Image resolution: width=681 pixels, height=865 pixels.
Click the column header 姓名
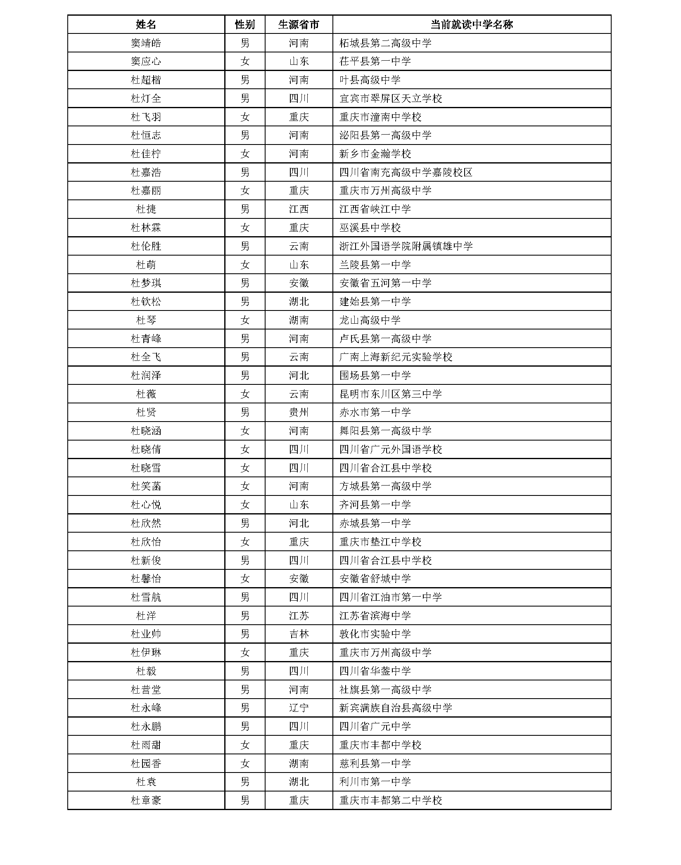[146, 24]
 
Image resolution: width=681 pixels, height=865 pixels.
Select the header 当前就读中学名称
[471, 24]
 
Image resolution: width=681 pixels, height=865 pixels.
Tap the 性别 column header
[245, 24]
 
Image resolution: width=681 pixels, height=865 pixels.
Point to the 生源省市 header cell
[299, 24]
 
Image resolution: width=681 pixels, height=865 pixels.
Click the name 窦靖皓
[146, 43]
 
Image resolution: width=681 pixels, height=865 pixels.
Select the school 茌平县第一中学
[375, 62]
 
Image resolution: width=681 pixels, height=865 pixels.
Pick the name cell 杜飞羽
[146, 117]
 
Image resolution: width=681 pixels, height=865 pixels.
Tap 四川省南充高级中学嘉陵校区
[406, 172]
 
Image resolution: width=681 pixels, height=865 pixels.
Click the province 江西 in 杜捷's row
[299, 209]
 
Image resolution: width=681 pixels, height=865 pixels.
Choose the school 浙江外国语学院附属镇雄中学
[406, 246]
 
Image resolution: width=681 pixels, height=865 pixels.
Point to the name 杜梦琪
[146, 283]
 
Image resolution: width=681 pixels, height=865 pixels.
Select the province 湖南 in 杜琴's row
[299, 320]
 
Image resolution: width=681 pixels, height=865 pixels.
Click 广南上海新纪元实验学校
[396, 357]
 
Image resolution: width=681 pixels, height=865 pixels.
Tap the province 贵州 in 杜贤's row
[299, 412]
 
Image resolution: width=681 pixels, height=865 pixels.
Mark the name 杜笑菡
[146, 486]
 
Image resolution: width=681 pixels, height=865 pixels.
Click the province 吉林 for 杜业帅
[299, 634]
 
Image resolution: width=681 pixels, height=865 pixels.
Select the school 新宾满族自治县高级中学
[396, 708]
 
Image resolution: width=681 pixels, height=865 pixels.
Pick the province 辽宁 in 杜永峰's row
[299, 708]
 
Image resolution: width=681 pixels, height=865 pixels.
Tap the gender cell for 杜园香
[245, 763]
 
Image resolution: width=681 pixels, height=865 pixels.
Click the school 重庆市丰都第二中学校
[390, 801]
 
